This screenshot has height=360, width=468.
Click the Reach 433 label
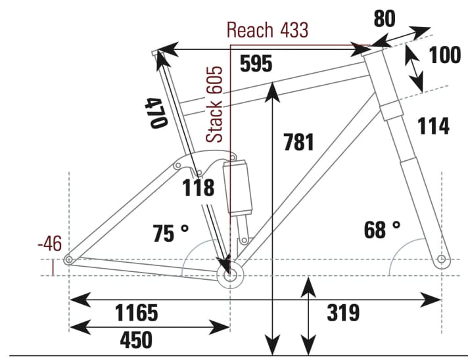[x=267, y=30]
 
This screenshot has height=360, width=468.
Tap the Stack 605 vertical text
[x=216, y=104]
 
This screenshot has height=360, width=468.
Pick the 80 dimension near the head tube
[x=385, y=19]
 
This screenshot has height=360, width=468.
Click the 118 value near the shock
[x=199, y=187]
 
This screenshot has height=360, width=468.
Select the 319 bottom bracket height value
[x=343, y=313]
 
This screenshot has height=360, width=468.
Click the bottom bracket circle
[x=230, y=276]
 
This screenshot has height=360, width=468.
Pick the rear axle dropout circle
[x=68, y=261]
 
